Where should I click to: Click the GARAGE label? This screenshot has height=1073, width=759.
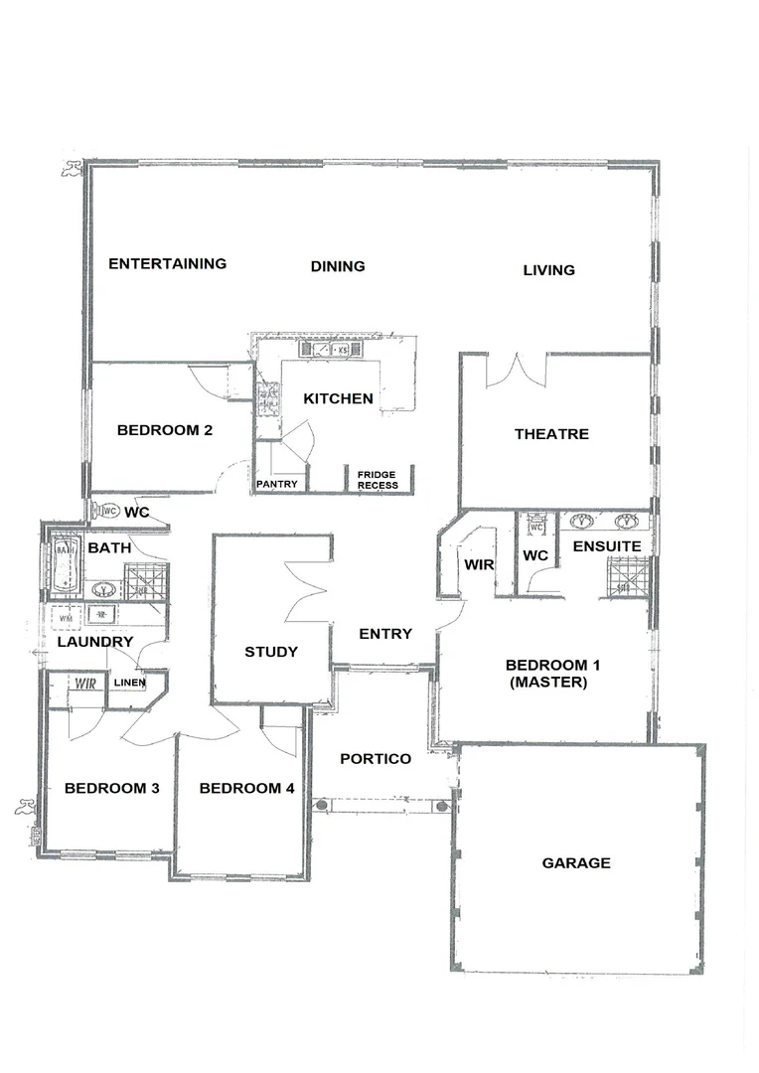[576, 863]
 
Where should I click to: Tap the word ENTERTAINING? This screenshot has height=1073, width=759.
[167, 263]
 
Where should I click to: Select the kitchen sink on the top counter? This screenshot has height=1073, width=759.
[323, 350]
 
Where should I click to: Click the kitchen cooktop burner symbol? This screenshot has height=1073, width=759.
[267, 398]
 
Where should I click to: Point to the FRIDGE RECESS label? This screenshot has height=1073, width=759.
[378, 480]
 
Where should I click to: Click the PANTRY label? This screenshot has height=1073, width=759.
[277, 484]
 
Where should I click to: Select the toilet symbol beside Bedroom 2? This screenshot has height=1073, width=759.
[105, 511]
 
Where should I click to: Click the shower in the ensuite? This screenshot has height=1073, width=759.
[627, 577]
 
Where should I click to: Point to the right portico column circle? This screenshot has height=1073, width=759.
[442, 805]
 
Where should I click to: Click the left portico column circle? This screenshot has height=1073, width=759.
[320, 805]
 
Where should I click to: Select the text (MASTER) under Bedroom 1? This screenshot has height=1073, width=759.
[545, 683]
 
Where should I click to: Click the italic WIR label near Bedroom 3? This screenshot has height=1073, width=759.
[84, 684]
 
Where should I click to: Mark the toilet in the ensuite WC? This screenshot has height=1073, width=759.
[534, 524]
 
